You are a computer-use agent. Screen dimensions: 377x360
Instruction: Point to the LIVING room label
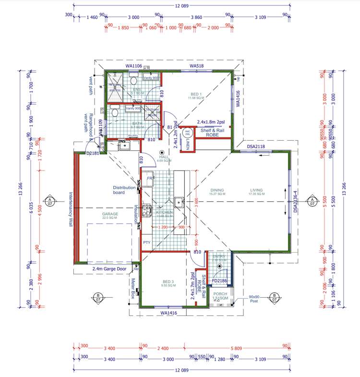[x=256, y=191]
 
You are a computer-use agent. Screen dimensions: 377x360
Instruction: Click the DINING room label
[x=217, y=191]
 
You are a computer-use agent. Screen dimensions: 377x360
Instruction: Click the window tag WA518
[x=197, y=66]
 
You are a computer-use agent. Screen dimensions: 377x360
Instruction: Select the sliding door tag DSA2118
[x=257, y=146]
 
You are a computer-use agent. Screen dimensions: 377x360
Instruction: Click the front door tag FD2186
[x=219, y=280]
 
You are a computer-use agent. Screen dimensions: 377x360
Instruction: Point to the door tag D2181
[x=93, y=153]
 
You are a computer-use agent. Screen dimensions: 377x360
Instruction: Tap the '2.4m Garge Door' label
[x=109, y=269]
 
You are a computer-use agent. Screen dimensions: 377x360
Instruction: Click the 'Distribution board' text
[x=126, y=190]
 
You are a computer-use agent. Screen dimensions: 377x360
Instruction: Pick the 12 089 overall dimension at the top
[x=181, y=5]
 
